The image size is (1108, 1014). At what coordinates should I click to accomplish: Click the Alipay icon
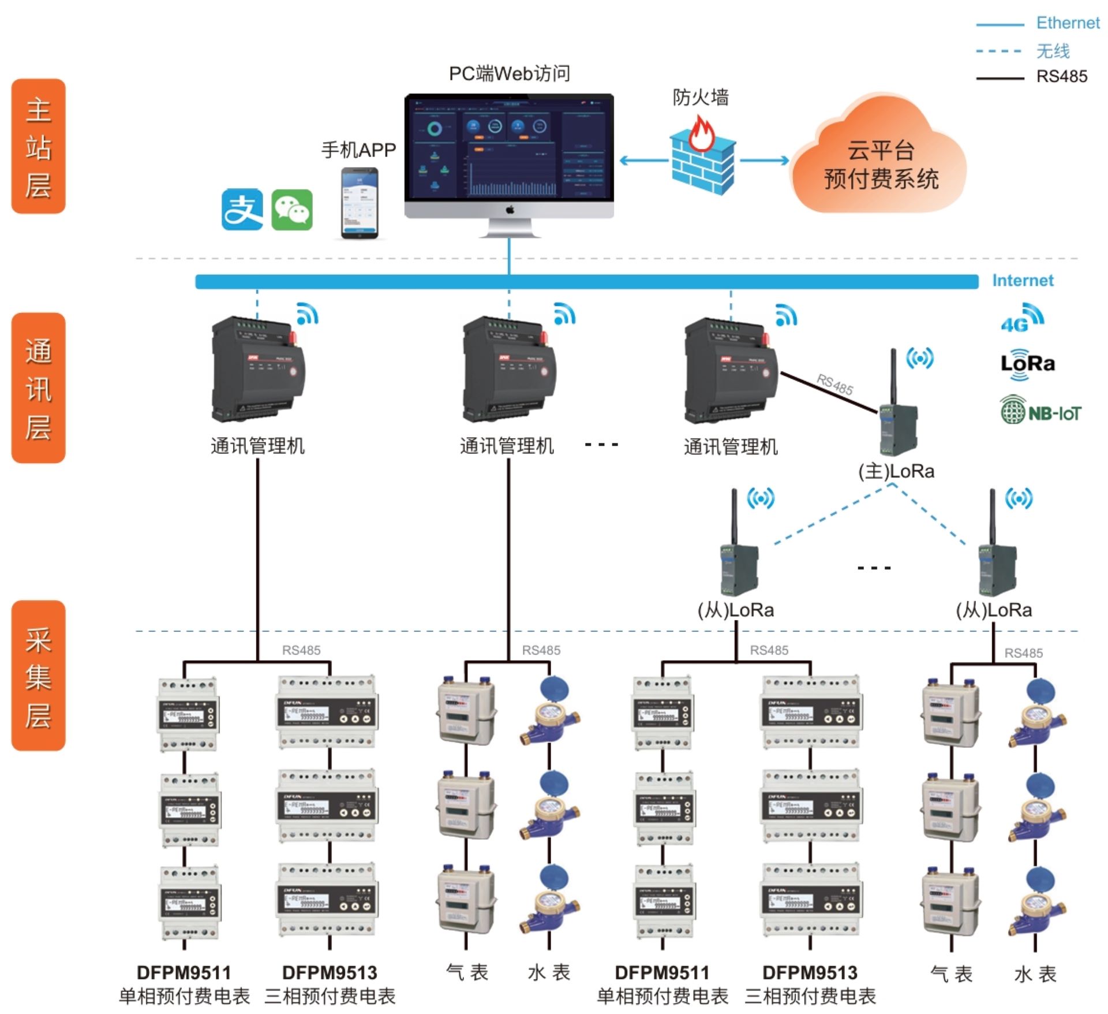(x=242, y=210)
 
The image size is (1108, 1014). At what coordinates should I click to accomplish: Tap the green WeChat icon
(x=292, y=210)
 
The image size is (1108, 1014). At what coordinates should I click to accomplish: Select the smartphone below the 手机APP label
(x=360, y=203)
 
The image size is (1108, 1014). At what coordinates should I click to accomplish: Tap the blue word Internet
(x=1023, y=281)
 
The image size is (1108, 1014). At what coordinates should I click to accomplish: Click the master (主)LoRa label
(x=896, y=472)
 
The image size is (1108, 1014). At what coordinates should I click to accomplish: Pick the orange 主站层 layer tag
(x=38, y=146)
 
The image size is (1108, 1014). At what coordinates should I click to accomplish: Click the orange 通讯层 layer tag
(x=38, y=388)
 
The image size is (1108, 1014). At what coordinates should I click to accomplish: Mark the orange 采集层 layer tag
(x=38, y=676)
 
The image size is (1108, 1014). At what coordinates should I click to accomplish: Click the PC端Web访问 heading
(x=510, y=74)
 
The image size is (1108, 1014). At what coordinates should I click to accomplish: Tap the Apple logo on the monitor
(x=510, y=210)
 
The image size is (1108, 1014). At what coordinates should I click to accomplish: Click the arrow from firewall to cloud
(x=764, y=161)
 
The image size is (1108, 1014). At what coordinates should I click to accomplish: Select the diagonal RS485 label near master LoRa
(x=834, y=385)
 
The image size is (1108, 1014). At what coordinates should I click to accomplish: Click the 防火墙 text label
(x=701, y=98)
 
